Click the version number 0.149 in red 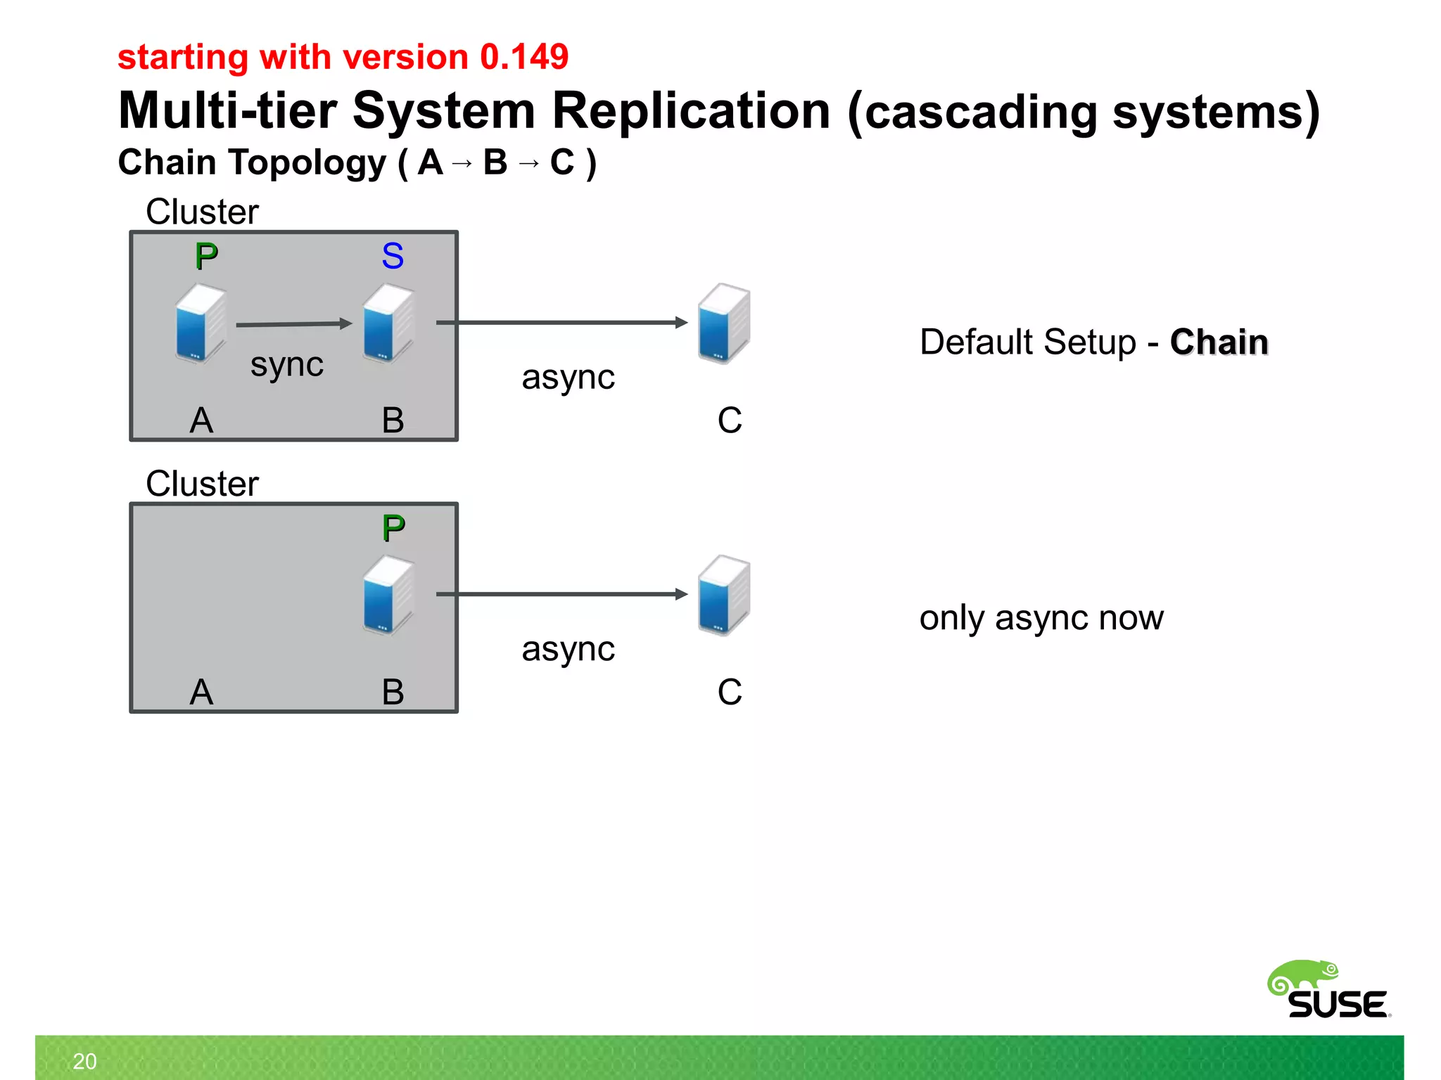523,57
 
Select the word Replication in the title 691,111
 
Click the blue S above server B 393,256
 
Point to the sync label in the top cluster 287,364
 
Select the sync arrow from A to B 293,324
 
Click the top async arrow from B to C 561,323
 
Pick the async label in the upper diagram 568,377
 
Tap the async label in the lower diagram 568,648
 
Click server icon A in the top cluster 201,323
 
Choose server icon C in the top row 723,323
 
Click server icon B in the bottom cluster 388,595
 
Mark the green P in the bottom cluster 393,528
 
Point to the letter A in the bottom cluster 201,692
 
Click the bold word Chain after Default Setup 1219,342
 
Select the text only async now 1041,618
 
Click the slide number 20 84,1061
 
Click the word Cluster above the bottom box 202,484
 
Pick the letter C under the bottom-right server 730,692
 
